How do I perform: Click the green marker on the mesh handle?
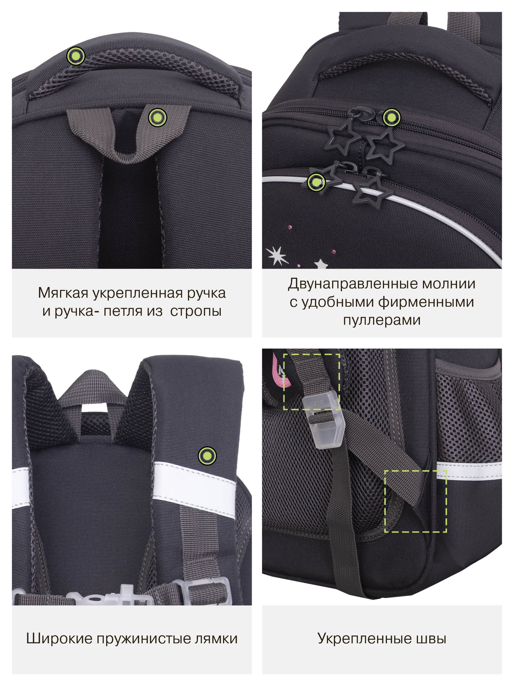(x=76, y=56)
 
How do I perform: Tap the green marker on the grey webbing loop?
(x=158, y=117)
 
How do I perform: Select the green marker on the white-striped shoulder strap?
(x=207, y=456)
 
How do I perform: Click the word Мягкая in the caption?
(x=63, y=293)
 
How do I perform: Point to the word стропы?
(x=196, y=311)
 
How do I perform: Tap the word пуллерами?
(x=382, y=320)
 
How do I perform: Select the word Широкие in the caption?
(x=59, y=639)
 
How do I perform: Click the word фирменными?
(x=426, y=302)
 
